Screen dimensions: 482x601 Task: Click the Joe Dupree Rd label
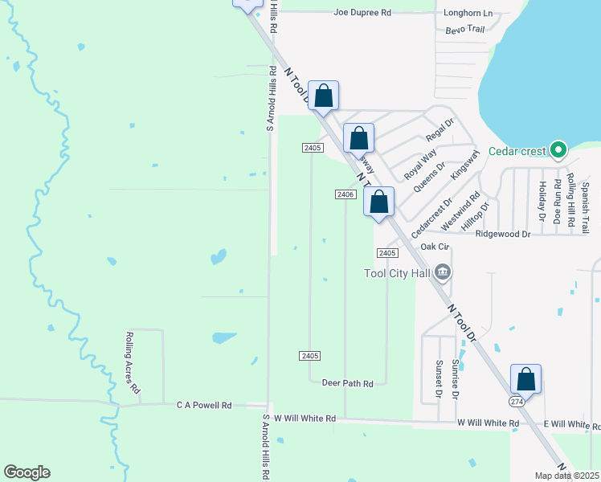coord(362,13)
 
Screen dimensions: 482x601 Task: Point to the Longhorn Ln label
coord(468,13)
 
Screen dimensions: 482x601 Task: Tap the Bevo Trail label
coord(465,30)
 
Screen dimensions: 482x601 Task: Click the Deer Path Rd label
coord(347,384)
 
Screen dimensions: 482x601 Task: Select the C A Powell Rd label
coord(204,406)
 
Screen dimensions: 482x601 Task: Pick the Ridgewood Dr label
coord(503,234)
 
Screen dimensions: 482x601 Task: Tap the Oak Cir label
coord(434,247)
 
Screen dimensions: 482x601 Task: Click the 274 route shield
coord(517,400)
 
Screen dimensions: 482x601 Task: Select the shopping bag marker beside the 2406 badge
coord(378,202)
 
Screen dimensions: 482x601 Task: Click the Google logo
coord(27,472)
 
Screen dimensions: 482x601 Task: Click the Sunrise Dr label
coord(454,380)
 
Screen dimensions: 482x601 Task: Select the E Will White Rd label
coord(572,423)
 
